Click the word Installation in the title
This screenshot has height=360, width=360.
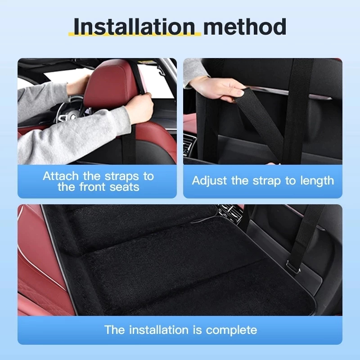pyautogui.click(x=134, y=27)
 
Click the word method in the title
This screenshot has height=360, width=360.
pyautogui.click(x=245, y=27)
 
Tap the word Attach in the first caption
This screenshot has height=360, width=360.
pyautogui.click(x=61, y=176)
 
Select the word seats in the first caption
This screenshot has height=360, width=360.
pyautogui.click(x=124, y=187)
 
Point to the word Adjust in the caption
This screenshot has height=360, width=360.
pyautogui.click(x=209, y=181)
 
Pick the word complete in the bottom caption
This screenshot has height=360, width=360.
pyautogui.click(x=231, y=330)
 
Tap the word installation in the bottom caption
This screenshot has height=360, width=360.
pyautogui.click(x=159, y=330)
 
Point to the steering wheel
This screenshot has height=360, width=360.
pyautogui.click(x=69, y=110)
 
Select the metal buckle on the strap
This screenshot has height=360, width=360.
pyautogui.click(x=293, y=267)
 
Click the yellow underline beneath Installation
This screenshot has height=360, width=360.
pyautogui.click(x=135, y=34)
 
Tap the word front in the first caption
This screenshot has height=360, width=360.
pyautogui.click(x=93, y=187)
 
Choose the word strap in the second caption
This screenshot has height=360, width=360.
pyautogui.click(x=267, y=181)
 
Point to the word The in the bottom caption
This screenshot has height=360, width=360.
pyautogui.click(x=115, y=330)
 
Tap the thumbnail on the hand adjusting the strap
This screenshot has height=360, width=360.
pyautogui.click(x=240, y=93)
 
